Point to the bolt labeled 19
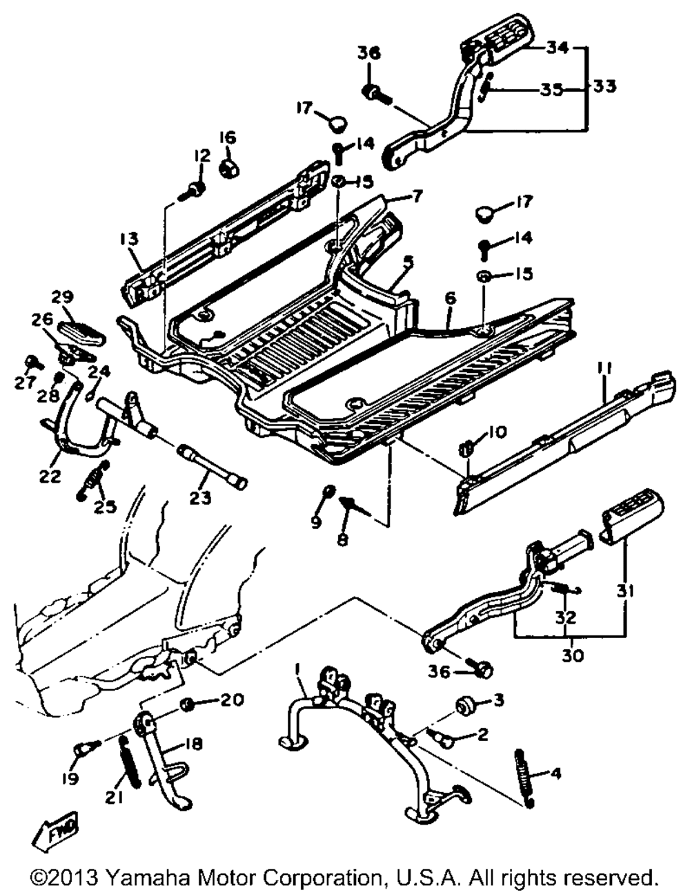[86, 749]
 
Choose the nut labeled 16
[228, 169]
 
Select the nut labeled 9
[329, 491]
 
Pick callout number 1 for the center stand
[297, 668]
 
